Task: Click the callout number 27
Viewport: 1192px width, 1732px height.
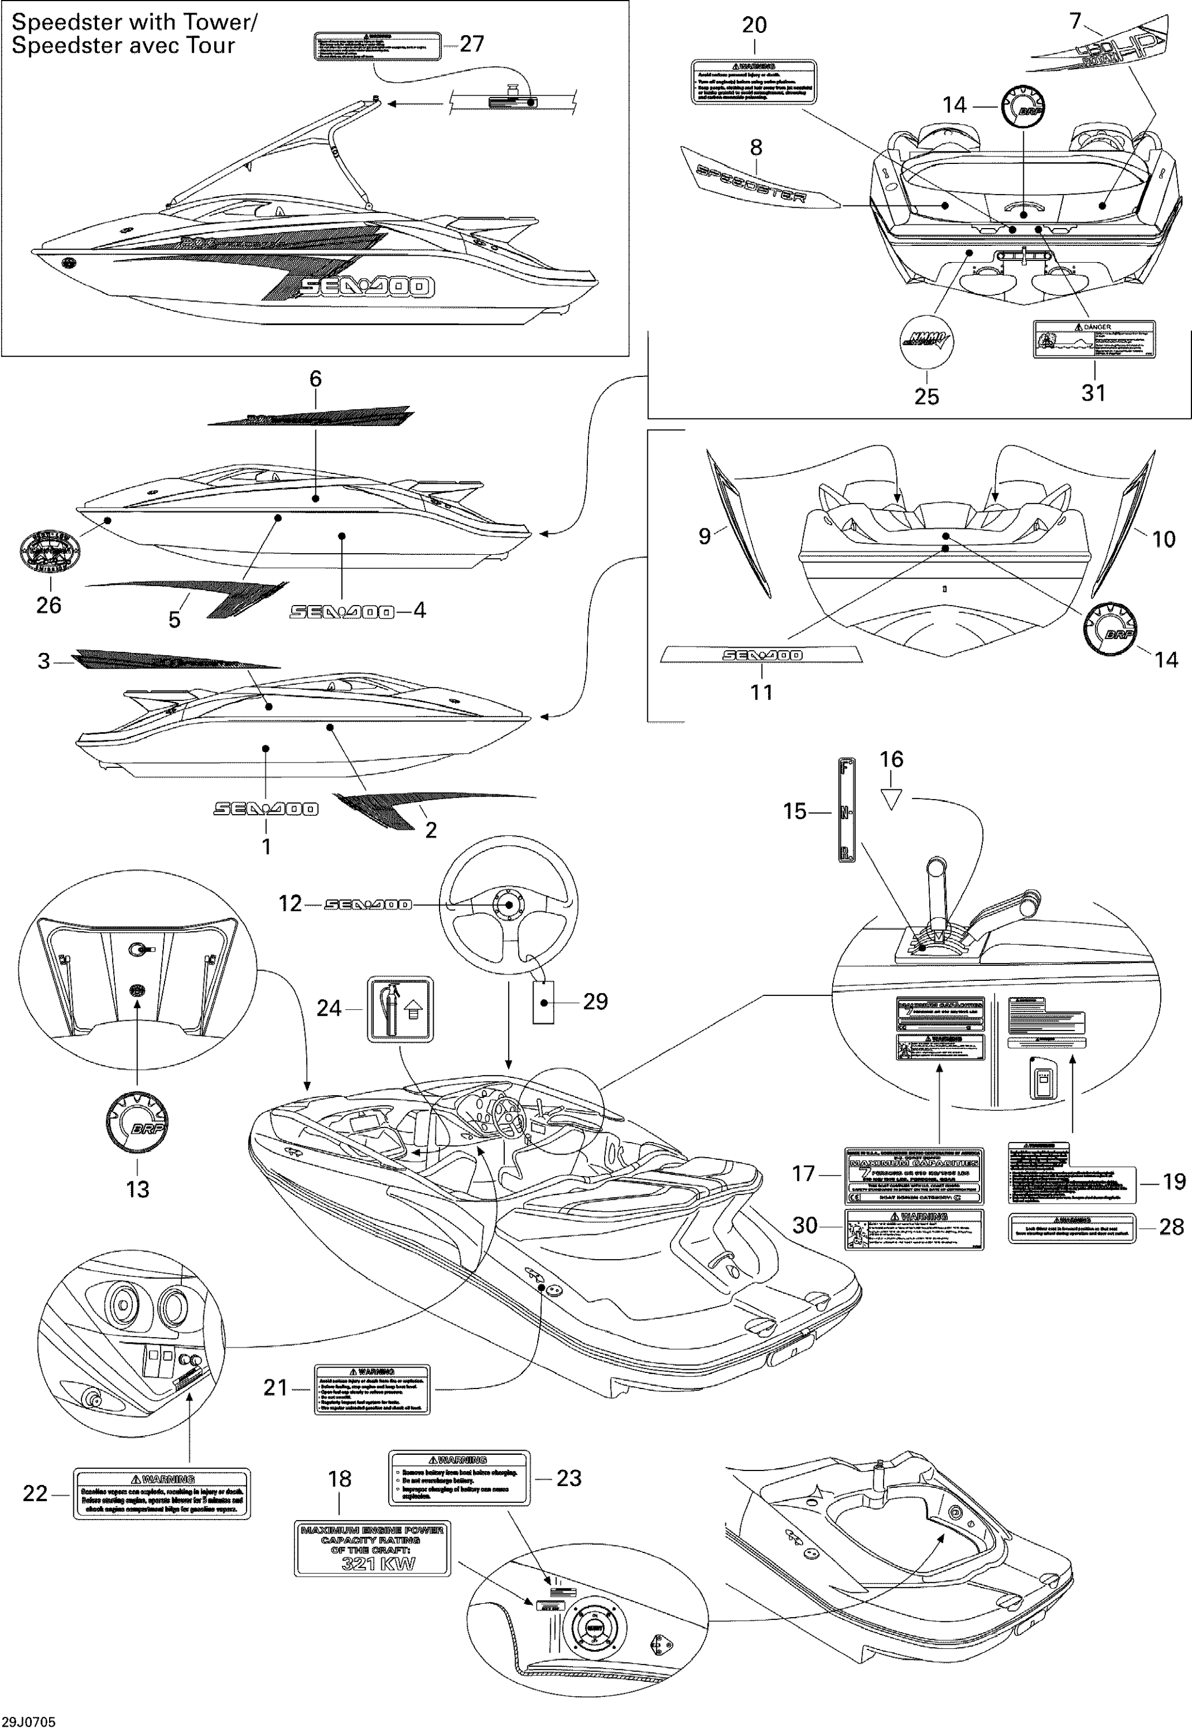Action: [471, 44]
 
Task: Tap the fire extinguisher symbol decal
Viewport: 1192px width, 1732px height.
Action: [400, 1009]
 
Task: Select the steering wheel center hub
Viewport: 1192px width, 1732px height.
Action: [509, 905]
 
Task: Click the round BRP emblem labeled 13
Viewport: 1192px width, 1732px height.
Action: [137, 1123]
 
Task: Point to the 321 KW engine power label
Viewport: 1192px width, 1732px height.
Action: [372, 1549]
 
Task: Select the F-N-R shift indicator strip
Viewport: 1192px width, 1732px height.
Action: [845, 810]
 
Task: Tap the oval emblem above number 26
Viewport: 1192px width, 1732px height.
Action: [49, 552]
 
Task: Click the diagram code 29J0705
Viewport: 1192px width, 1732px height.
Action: [28, 1722]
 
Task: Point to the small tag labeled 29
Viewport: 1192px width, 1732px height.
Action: [543, 1002]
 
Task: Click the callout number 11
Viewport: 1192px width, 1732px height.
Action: [761, 692]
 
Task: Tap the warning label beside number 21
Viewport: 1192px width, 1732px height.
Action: [372, 1389]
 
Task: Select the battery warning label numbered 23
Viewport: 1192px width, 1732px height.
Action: [459, 1477]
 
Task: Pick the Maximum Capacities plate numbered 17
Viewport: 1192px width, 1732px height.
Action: [914, 1176]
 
